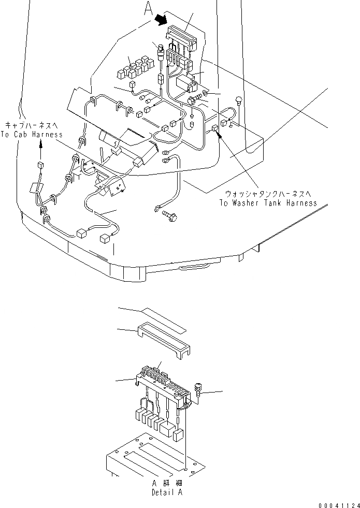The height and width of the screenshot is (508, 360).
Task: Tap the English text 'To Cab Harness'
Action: coord(34,135)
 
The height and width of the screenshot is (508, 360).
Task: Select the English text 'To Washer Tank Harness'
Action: coord(268,203)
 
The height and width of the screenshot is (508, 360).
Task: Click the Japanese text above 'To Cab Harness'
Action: coord(34,125)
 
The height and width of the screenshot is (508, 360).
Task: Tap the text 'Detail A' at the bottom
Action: coord(167,492)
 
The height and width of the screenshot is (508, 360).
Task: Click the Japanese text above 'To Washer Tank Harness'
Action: coord(268,194)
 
